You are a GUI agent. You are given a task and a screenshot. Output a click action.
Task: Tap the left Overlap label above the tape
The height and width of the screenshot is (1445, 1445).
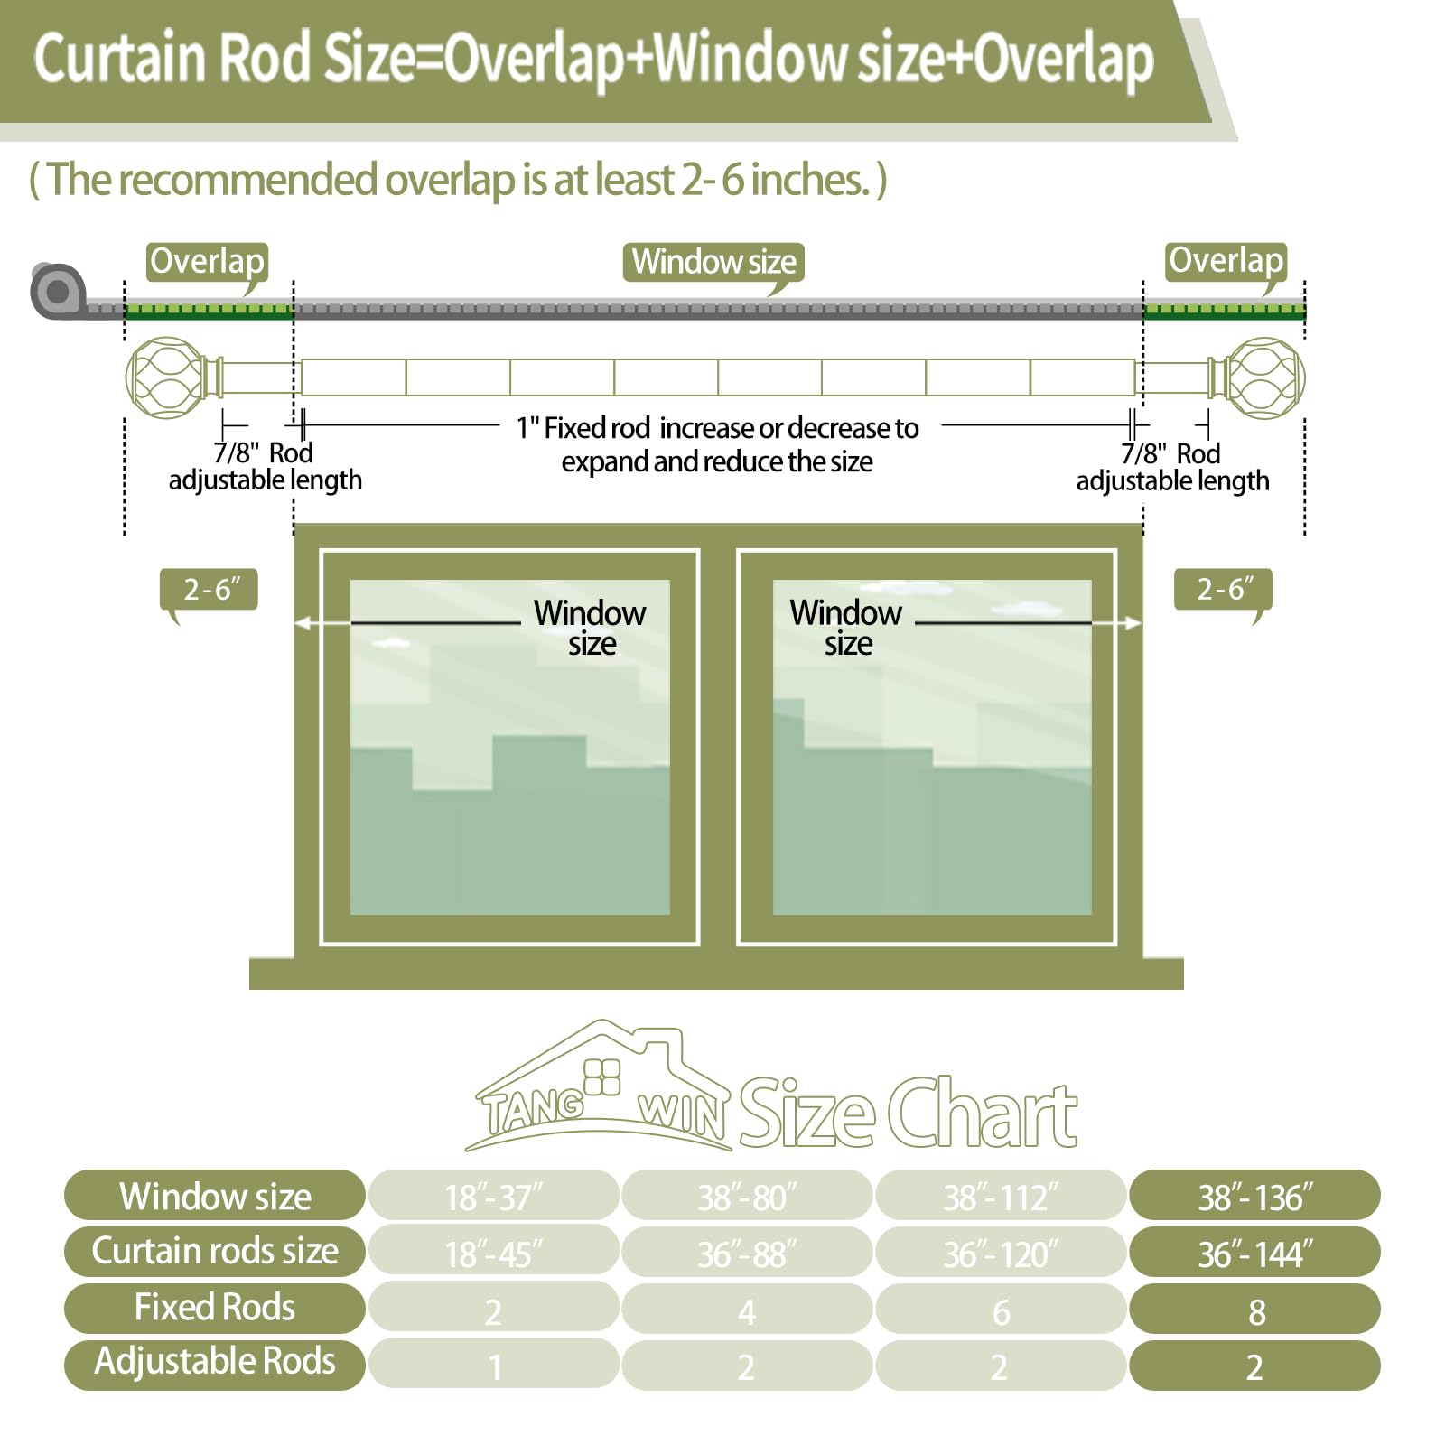click(207, 262)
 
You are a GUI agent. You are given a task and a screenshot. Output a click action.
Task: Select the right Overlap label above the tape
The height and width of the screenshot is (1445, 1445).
click(1226, 262)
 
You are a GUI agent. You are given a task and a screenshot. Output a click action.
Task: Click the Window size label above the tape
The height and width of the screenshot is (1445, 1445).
click(713, 262)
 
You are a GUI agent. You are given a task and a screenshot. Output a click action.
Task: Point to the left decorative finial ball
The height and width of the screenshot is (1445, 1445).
click(165, 378)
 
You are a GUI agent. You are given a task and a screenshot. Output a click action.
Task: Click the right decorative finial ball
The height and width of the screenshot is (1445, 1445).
click(1265, 378)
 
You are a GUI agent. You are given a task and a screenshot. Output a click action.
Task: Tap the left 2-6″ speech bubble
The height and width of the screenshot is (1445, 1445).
click(210, 590)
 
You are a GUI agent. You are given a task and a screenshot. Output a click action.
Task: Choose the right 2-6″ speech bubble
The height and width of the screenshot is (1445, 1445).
click(1223, 590)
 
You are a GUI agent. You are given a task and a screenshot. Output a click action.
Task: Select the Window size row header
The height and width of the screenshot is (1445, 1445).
click(215, 1196)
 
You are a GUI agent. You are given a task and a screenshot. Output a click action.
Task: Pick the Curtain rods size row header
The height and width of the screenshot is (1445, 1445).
click(215, 1251)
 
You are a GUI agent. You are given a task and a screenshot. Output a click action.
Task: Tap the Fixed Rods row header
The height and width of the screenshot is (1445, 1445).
click(215, 1307)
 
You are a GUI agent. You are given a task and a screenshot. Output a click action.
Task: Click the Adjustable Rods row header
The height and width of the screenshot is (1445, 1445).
click(215, 1362)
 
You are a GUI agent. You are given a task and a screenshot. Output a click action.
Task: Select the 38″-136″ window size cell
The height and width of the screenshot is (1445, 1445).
click(1254, 1196)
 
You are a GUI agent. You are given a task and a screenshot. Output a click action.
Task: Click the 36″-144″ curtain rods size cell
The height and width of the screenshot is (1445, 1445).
click(1254, 1252)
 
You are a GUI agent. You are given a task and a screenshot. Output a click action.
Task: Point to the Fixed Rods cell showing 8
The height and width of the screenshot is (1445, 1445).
click(1254, 1310)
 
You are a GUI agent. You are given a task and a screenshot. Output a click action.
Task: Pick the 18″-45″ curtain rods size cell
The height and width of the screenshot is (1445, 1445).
click(493, 1252)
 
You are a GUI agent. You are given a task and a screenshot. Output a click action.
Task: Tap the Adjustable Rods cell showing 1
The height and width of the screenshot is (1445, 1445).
click(493, 1365)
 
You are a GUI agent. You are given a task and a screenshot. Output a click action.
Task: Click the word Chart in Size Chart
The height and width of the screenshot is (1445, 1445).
click(983, 1114)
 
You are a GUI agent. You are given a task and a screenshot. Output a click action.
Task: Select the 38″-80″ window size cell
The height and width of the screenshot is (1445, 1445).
click(747, 1196)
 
